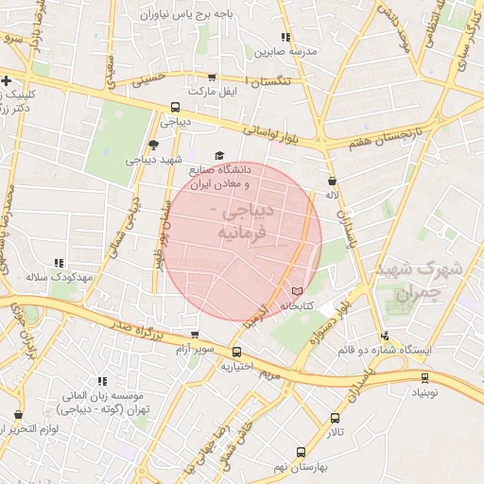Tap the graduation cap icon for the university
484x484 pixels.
coord(220,155)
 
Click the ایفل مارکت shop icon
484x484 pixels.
coord(210,78)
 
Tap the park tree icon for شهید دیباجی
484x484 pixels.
coord(154,146)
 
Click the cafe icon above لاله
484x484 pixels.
coord(331,181)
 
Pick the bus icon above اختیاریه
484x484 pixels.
coord(236,351)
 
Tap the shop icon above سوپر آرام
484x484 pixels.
coord(195,334)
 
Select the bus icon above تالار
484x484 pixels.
coord(336,418)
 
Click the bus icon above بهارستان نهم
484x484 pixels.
coord(301,453)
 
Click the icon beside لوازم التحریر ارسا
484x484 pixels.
coord(18,415)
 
